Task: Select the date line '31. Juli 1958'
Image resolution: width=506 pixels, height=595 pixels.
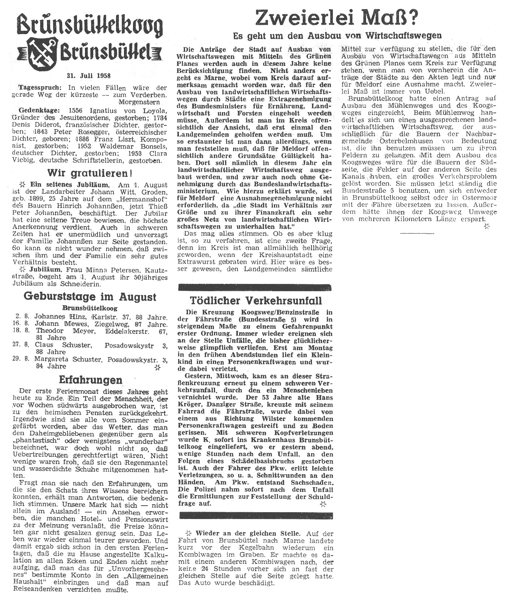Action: (88, 76)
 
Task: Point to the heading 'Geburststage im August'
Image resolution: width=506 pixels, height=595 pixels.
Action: (90, 297)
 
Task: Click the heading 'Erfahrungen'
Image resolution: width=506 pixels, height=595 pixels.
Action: (90, 380)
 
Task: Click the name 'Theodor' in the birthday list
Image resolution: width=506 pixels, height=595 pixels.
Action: (50, 331)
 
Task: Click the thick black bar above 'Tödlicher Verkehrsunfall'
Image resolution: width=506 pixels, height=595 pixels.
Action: (256, 288)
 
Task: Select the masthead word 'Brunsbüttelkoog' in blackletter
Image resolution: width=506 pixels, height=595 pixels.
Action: (90, 27)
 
